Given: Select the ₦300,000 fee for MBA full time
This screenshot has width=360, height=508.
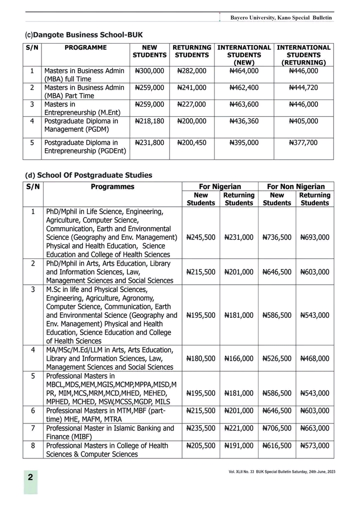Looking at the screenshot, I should click(x=149, y=71).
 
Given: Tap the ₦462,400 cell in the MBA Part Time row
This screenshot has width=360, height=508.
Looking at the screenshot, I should click(x=244, y=88).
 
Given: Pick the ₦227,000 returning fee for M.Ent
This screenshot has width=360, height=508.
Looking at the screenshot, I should click(x=191, y=105).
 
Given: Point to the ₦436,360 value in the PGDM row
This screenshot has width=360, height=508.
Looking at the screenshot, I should click(x=244, y=122).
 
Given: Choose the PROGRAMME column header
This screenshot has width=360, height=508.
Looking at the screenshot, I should click(x=85, y=48).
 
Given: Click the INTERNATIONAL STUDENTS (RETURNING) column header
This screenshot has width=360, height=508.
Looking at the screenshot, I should click(x=303, y=55).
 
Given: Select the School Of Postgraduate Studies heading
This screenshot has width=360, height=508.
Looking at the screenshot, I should click(x=88, y=175).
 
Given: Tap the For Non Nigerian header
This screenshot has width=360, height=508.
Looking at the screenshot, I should click(x=295, y=187).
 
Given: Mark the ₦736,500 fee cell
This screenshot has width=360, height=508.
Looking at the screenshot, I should click(x=276, y=237).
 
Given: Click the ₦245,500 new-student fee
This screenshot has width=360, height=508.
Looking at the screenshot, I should click(x=200, y=237).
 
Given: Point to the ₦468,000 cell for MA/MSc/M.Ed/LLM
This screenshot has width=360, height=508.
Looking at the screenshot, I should click(x=314, y=358).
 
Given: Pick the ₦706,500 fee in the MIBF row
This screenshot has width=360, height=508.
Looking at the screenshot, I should click(x=276, y=428).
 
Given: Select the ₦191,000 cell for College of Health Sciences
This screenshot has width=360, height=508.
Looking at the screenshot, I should click(x=238, y=445).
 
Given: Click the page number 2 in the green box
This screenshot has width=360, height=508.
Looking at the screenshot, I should click(x=30, y=477).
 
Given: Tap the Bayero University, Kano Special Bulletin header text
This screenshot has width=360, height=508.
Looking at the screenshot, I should click(x=280, y=18).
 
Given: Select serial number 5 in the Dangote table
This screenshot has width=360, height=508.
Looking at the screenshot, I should click(x=31, y=143).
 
